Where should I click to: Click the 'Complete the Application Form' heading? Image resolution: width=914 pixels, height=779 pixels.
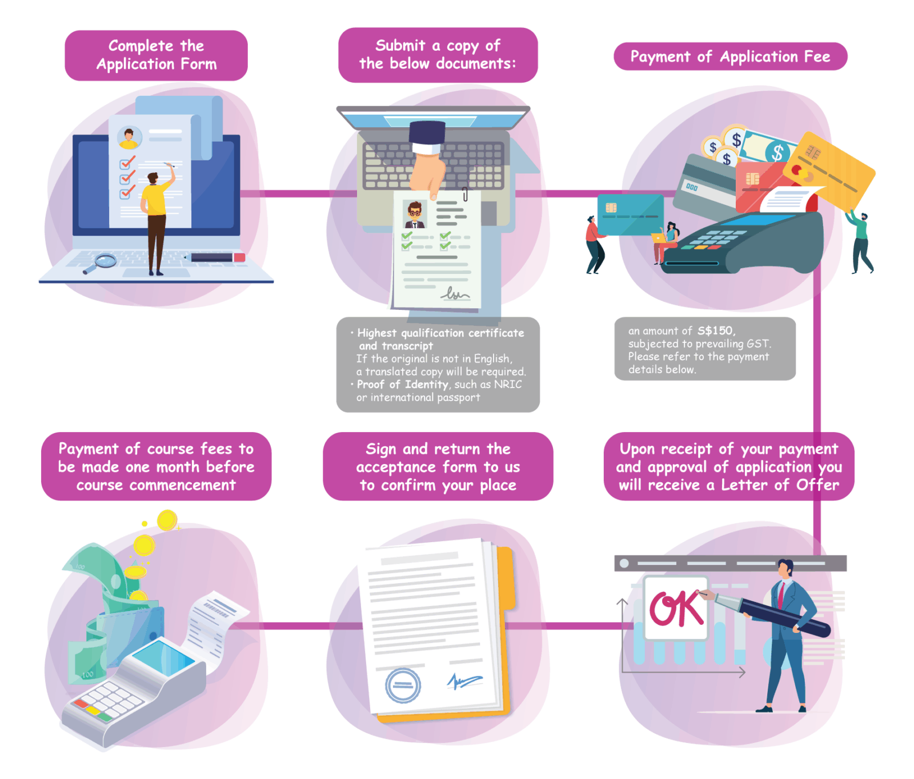156,55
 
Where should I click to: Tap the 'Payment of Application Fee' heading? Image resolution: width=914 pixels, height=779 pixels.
730,56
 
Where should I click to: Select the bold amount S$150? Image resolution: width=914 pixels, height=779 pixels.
715,330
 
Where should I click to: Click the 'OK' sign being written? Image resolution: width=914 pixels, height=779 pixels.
676,608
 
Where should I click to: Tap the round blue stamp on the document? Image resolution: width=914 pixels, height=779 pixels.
403,685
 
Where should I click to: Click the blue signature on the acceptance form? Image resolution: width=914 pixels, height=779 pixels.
464,680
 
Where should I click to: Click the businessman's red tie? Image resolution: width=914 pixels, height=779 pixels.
781,594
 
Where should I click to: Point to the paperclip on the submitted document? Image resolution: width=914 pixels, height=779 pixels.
466,194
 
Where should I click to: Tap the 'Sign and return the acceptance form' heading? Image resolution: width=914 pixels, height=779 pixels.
438,466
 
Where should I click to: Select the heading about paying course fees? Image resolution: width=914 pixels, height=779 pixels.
156,466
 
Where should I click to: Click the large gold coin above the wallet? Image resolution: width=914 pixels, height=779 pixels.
167,520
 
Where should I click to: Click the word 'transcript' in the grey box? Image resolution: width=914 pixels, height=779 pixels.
407,346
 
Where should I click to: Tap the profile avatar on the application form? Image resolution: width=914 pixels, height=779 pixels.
130,137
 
